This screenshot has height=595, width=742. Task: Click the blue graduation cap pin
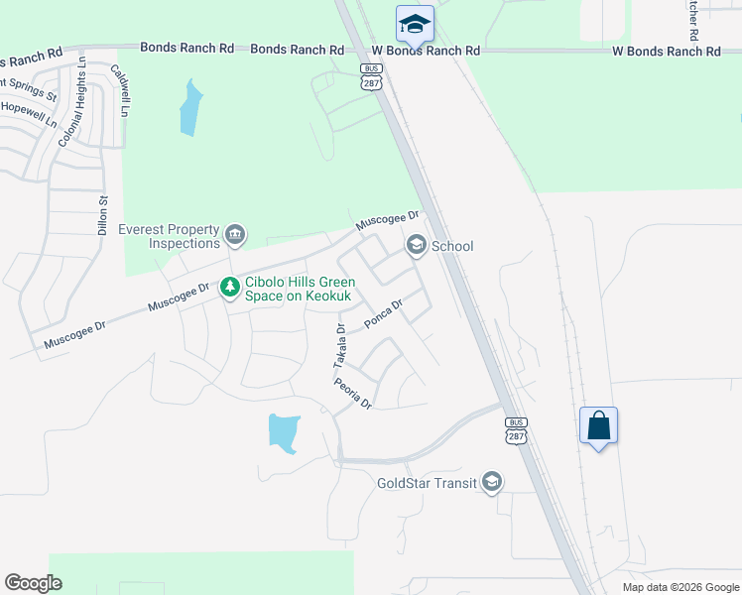415,24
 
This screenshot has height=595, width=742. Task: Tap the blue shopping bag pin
598,425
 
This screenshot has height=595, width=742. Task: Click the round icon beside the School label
416,245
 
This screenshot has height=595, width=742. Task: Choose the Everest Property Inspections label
169,236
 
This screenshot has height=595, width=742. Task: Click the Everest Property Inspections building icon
235,235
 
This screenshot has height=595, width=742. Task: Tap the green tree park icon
230,288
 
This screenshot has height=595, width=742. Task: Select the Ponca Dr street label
383,315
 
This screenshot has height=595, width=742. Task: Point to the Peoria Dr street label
352,394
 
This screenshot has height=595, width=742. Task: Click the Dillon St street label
102,213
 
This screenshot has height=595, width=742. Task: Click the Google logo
34,582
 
